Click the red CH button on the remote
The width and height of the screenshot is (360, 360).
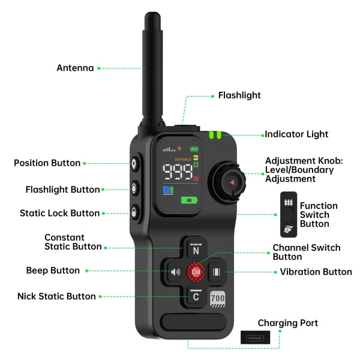click(196, 272)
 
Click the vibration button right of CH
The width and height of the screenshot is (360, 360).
click(217, 272)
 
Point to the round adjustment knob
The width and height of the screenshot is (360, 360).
click(228, 182)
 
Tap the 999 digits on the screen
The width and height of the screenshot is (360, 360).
click(178, 172)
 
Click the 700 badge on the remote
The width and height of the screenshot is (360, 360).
click(217, 296)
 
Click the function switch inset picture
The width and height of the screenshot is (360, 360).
click(288, 214)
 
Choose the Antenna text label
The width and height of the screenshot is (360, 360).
click(75, 68)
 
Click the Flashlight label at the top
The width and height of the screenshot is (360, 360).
click(239, 95)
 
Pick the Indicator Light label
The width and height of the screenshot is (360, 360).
click(296, 134)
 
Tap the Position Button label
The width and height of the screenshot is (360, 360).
click(47, 163)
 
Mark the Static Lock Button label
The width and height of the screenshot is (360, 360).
click(59, 213)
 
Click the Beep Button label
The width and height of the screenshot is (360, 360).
click(53, 271)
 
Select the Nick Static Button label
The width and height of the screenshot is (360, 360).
click(56, 296)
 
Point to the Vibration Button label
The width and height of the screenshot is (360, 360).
click(316, 272)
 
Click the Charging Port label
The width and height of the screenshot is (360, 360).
click(288, 323)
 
